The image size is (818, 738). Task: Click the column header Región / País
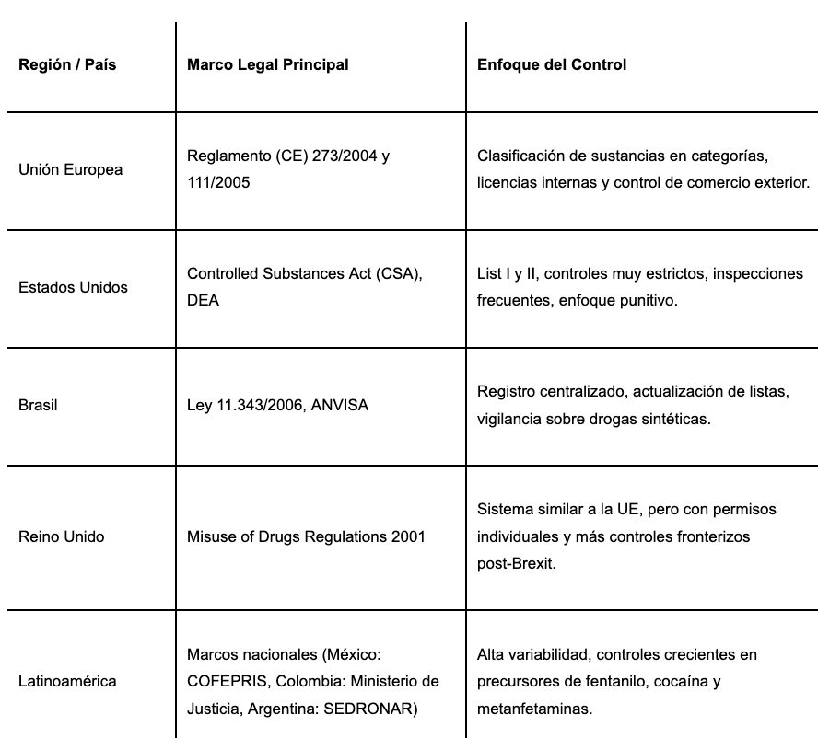67,65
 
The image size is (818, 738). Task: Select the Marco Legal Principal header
267,65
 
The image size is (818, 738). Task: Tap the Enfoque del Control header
552,65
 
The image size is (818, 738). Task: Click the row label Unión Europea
70,170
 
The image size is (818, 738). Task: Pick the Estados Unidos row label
73,287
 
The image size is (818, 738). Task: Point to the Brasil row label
38,405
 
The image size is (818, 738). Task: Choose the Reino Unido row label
61,536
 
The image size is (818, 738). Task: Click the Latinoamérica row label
67,682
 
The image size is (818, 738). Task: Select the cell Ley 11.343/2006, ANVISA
277,405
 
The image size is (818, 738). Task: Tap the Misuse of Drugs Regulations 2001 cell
306,536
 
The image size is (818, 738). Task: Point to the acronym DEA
203,301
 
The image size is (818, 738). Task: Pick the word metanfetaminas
535,709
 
